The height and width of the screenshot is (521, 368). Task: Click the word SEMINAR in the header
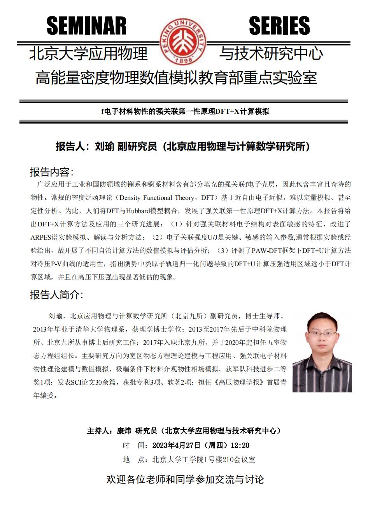click(86, 26)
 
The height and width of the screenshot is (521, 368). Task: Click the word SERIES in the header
click(279, 26)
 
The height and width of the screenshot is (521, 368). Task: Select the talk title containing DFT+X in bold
click(185, 111)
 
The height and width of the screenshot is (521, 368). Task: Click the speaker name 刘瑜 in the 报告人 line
click(104, 147)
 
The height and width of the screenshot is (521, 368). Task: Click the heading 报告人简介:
click(56, 295)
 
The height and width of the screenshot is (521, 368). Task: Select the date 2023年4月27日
click(176, 445)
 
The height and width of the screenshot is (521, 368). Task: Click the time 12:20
click(240, 445)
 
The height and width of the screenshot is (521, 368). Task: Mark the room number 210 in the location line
click(225, 460)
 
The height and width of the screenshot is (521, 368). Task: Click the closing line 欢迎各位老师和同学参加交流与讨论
click(185, 479)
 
